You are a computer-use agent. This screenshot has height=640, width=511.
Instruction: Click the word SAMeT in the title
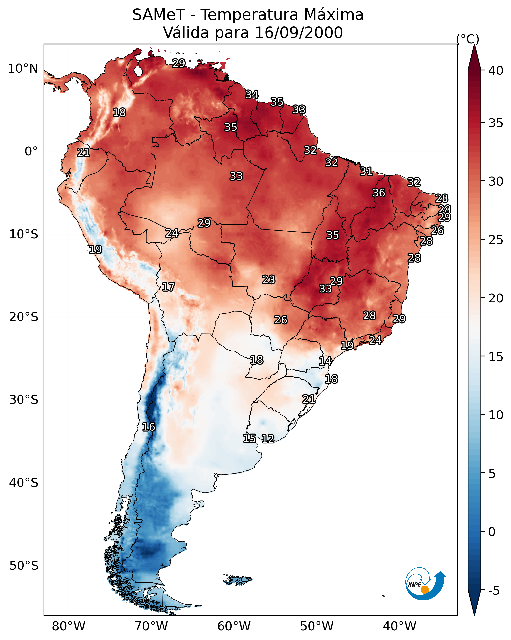coord(159,15)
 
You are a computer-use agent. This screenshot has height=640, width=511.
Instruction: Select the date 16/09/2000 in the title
coord(299,33)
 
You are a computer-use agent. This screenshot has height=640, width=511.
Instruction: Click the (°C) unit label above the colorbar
coord(468,39)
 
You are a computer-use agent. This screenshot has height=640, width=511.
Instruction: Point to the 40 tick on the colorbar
coord(496,70)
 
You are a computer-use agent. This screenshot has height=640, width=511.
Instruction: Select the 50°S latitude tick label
coord(24,566)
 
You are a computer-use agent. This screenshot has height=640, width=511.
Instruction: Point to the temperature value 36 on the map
coord(379,193)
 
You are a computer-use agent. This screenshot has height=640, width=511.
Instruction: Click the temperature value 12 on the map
coord(268,439)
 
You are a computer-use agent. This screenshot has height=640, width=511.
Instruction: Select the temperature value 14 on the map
coord(325,361)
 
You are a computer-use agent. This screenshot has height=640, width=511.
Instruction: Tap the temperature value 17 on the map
coord(168,287)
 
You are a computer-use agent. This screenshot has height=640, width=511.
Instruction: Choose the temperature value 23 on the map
coord(269,279)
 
